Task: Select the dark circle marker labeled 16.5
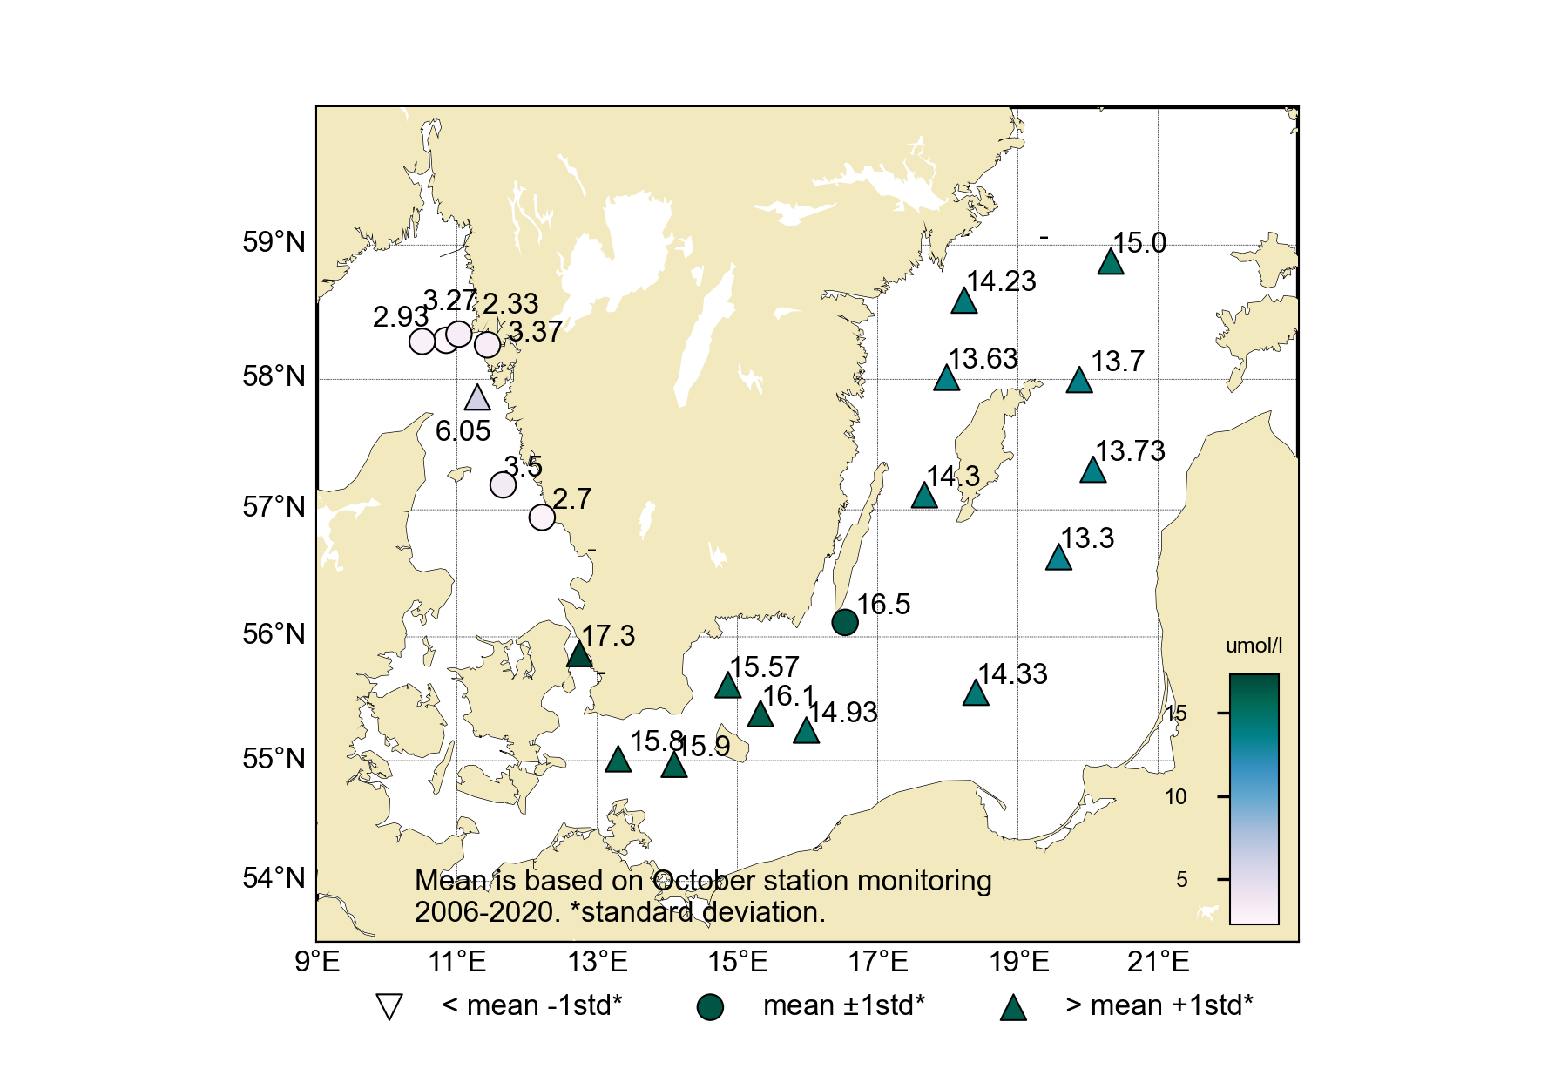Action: (845, 622)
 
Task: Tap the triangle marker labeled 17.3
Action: (579, 654)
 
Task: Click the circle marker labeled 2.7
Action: (542, 518)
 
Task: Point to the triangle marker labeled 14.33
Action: (976, 693)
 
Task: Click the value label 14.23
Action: (1001, 281)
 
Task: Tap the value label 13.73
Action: (1130, 451)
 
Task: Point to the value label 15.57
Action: (764, 667)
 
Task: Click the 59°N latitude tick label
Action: (274, 242)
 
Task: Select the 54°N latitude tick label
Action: (274, 878)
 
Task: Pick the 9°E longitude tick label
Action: (317, 962)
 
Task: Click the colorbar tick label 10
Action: (1175, 797)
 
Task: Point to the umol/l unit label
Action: (1254, 646)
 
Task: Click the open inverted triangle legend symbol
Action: (389, 1007)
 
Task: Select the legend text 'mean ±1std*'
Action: (843, 1005)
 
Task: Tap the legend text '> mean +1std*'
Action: (1159, 1005)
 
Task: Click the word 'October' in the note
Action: (705, 881)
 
